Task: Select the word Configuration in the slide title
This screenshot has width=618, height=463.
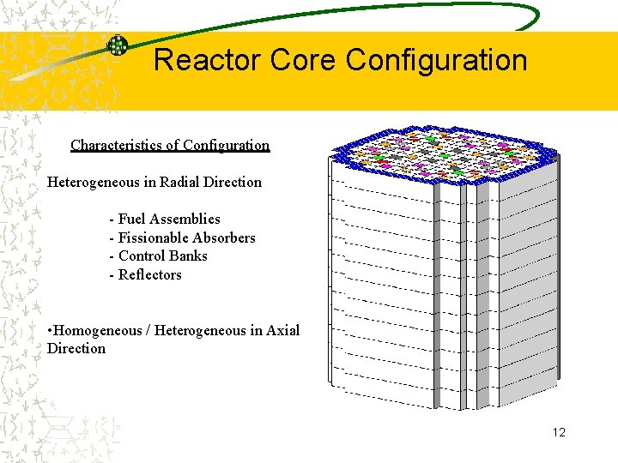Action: coord(436,60)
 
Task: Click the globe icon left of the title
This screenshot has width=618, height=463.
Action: coord(118,46)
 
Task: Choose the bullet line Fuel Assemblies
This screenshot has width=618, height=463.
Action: coord(165,219)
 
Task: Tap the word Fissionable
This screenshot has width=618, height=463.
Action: coord(151,238)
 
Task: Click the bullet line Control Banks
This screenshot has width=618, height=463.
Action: coord(159,256)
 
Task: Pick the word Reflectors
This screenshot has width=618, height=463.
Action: coord(150,274)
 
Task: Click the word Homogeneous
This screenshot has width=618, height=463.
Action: coord(99,330)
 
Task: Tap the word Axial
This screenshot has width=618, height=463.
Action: coord(282,330)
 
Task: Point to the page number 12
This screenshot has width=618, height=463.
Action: coord(559,432)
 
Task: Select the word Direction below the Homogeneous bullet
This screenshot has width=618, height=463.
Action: coord(76,348)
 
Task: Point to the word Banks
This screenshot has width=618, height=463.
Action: coord(188,256)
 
